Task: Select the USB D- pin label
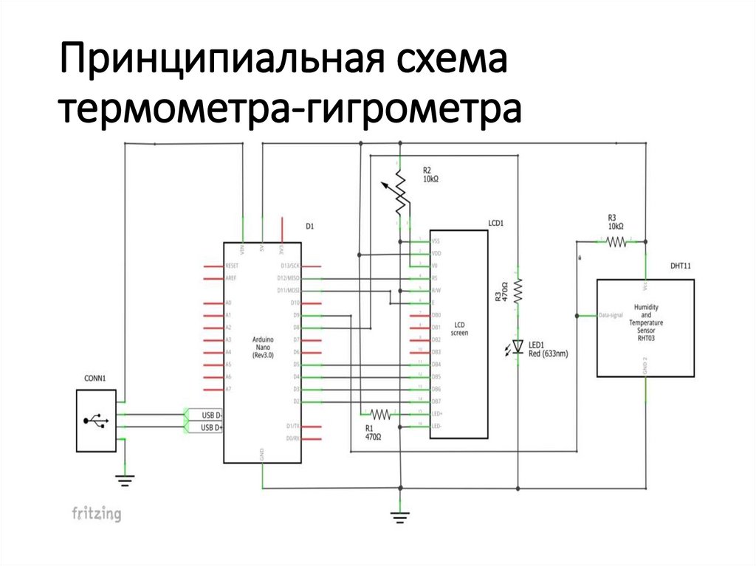coord(212,415)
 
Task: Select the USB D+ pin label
coord(212,427)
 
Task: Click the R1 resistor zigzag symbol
coord(379,414)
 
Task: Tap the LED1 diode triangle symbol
coord(518,345)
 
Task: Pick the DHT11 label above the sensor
coord(681,266)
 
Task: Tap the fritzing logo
coord(96,514)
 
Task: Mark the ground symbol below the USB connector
coord(126,480)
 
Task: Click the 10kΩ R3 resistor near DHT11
coord(616,241)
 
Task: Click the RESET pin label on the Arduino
coord(232,265)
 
